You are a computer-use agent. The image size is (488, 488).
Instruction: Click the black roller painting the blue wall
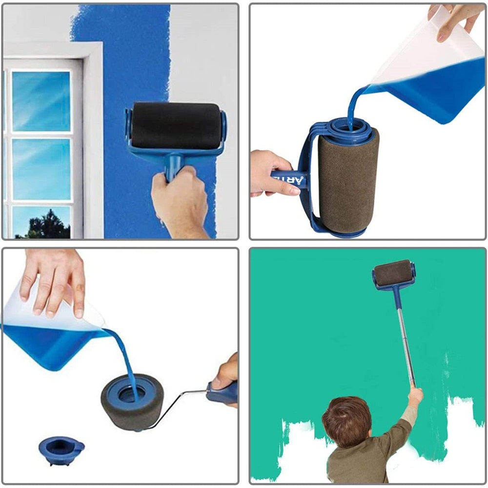coord(176,125)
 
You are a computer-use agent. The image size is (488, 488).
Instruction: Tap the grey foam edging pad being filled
coord(129,403)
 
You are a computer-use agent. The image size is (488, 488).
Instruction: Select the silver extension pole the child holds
coord(404,337)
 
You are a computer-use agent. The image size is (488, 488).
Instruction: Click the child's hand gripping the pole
coord(415,395)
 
